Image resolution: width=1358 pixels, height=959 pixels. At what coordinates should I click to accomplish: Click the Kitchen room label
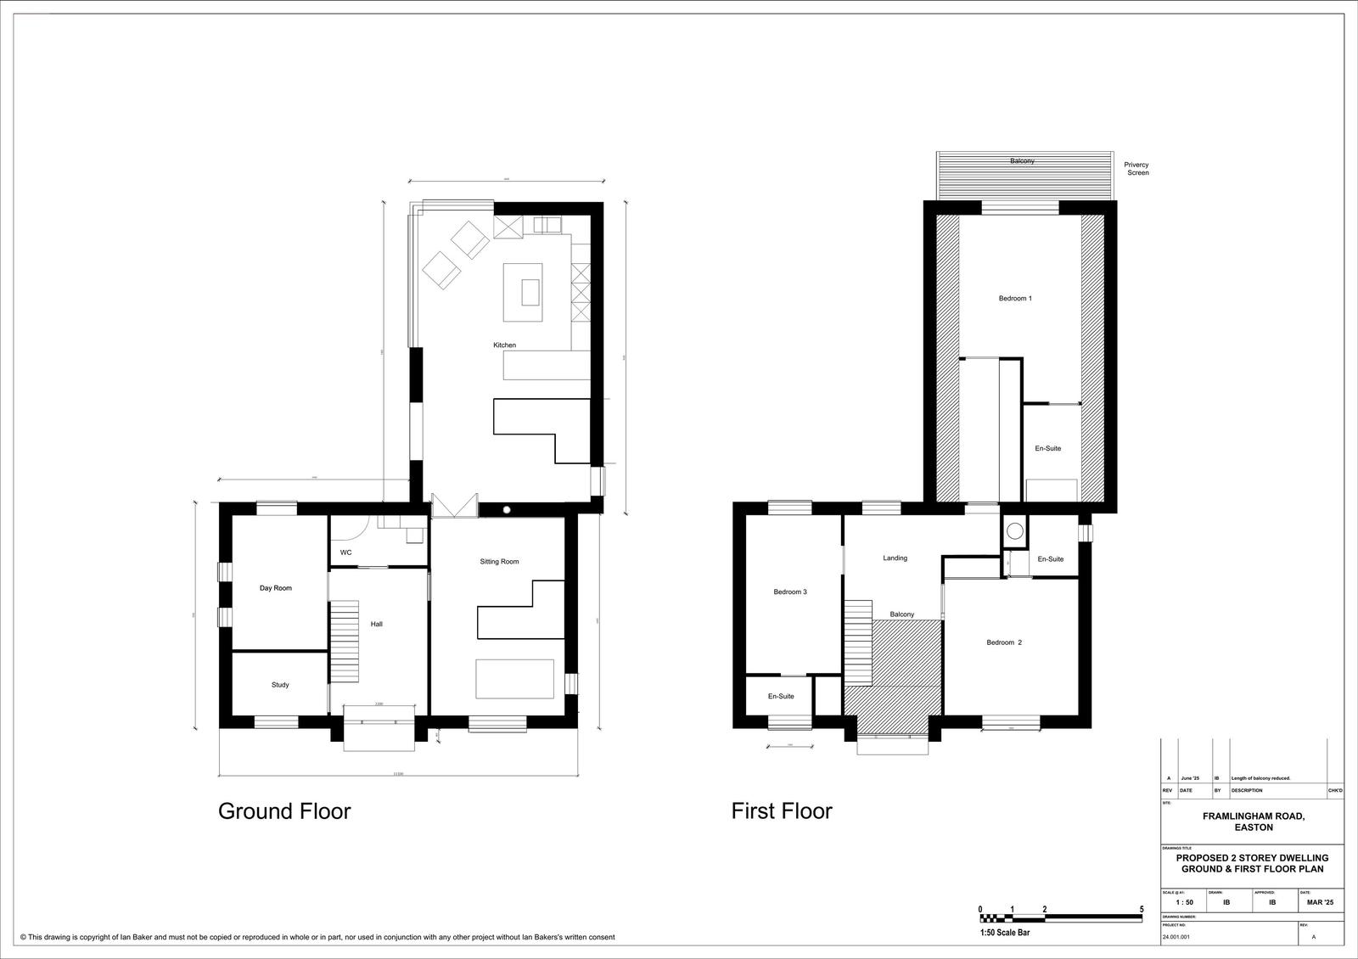pyautogui.click(x=504, y=345)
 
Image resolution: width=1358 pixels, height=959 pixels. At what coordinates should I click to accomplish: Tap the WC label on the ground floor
pyautogui.click(x=346, y=552)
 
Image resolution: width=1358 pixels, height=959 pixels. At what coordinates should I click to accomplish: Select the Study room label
pyautogui.click(x=280, y=685)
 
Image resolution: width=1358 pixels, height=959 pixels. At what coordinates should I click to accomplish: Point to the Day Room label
pyautogui.click(x=276, y=588)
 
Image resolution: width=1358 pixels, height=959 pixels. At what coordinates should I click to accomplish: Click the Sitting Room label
pyautogui.click(x=499, y=562)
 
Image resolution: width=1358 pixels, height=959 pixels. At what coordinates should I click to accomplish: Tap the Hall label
pyautogui.click(x=377, y=625)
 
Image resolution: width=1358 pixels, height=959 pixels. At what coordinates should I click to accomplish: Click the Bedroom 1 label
pyautogui.click(x=1015, y=299)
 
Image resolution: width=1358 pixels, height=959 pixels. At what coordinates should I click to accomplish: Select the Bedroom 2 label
pyautogui.click(x=1004, y=642)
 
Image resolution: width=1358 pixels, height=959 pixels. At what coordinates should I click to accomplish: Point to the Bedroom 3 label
pyautogui.click(x=789, y=592)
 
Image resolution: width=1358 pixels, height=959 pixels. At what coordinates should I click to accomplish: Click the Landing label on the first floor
pyautogui.click(x=895, y=558)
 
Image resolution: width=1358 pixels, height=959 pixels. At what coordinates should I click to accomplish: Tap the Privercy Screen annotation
pyautogui.click(x=1136, y=169)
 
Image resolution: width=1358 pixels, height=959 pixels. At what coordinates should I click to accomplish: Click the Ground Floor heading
pyautogui.click(x=284, y=811)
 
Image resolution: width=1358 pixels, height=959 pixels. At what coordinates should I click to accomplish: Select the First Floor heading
pyautogui.click(x=782, y=811)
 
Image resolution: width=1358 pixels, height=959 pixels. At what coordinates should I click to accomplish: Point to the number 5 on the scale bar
pyautogui.click(x=1142, y=910)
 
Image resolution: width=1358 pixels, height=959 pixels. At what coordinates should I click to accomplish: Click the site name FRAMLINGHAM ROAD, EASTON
pyautogui.click(x=1253, y=822)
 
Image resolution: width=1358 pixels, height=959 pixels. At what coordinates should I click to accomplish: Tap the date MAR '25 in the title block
pyautogui.click(x=1320, y=903)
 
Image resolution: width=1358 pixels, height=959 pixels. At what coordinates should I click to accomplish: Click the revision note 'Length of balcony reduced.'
pyautogui.click(x=1260, y=778)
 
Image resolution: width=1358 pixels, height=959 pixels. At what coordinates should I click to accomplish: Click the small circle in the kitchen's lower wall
pyautogui.click(x=507, y=509)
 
